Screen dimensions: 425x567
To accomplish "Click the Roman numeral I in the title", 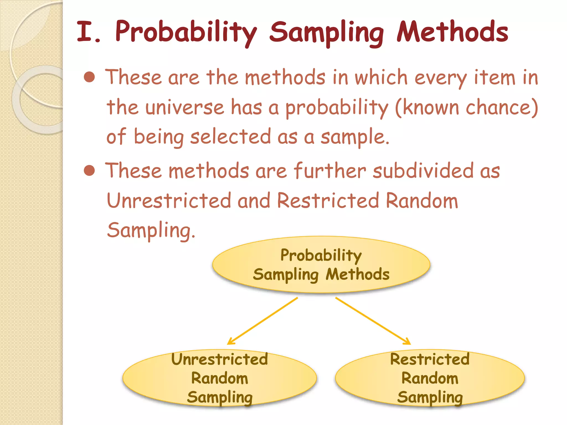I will [84, 32].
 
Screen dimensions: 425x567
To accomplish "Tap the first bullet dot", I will [89, 77].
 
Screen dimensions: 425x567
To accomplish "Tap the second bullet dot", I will [89, 170].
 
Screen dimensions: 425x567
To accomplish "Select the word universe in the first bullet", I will [185, 107].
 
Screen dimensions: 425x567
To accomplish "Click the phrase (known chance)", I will [467, 107].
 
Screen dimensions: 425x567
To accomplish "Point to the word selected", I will [230, 137].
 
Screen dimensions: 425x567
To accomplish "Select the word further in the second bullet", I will [329, 171].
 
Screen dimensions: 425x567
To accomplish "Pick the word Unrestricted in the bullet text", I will [169, 201].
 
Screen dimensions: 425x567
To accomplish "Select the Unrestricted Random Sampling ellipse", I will [220, 378].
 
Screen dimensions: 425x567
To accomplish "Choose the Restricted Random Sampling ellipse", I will [430, 378].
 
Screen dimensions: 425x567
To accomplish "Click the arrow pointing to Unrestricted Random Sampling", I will [262, 321].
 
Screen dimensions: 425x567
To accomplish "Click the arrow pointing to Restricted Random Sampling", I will [373, 321].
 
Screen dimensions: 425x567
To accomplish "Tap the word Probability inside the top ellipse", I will [321, 255].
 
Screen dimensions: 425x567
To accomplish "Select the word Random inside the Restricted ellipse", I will [430, 378].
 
